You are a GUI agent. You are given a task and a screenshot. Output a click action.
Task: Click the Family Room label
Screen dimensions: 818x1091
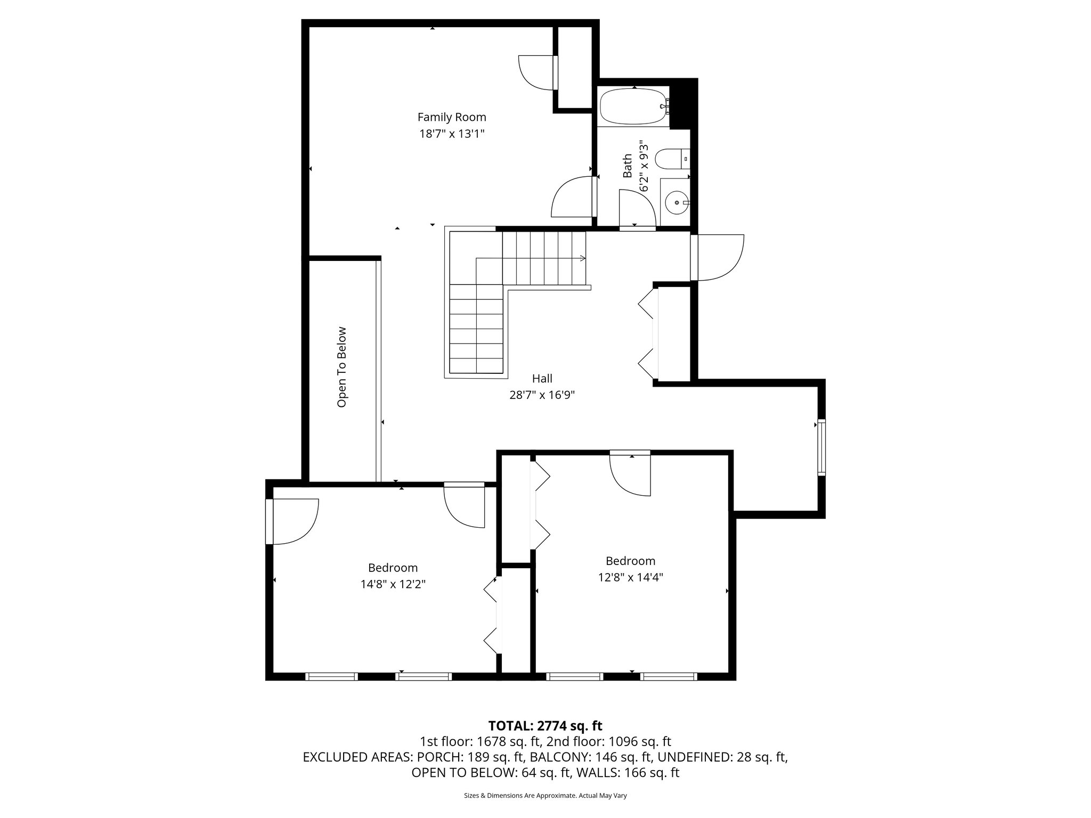click(x=451, y=117)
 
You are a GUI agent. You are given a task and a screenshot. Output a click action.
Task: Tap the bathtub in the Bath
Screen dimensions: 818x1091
click(x=633, y=107)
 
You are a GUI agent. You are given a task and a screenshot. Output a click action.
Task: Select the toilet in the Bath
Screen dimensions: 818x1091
click(x=671, y=159)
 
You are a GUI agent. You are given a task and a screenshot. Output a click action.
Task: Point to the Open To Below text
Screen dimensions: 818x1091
click(x=342, y=367)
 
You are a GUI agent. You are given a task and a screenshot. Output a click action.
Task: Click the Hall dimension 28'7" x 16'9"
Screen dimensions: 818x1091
click(x=542, y=395)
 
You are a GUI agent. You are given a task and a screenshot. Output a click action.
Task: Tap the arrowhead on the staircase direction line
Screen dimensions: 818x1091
click(x=583, y=258)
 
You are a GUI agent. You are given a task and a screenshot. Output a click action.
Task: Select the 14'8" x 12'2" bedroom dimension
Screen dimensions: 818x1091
click(x=393, y=584)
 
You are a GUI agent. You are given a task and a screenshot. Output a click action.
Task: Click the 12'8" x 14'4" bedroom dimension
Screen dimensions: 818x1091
click(x=630, y=577)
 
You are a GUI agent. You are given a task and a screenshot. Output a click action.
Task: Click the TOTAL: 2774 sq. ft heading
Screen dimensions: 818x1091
click(x=545, y=725)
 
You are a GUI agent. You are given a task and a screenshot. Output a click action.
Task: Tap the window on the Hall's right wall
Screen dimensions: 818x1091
click(x=821, y=447)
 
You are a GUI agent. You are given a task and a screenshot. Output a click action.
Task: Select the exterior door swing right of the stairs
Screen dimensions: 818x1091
click(x=719, y=258)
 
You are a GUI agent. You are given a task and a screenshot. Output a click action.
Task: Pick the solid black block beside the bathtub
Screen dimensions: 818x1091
click(x=683, y=104)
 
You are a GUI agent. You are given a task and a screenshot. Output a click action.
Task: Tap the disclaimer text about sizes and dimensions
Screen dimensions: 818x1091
click(x=545, y=796)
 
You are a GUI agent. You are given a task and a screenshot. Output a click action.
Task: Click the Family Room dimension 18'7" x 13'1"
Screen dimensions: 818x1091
click(x=451, y=134)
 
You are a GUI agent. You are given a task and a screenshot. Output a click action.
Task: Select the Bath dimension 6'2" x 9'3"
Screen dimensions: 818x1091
click(x=645, y=166)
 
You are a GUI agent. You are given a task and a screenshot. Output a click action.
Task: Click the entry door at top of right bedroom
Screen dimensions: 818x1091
click(x=631, y=473)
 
